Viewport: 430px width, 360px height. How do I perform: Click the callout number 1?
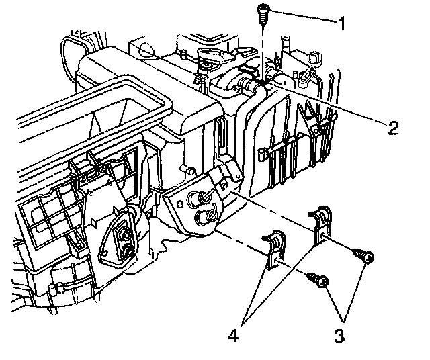coord(343,26)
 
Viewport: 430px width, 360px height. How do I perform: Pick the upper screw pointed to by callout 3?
coord(363,256)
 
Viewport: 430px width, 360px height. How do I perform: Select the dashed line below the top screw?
coord(261,47)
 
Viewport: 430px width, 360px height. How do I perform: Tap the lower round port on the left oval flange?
coord(126,251)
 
